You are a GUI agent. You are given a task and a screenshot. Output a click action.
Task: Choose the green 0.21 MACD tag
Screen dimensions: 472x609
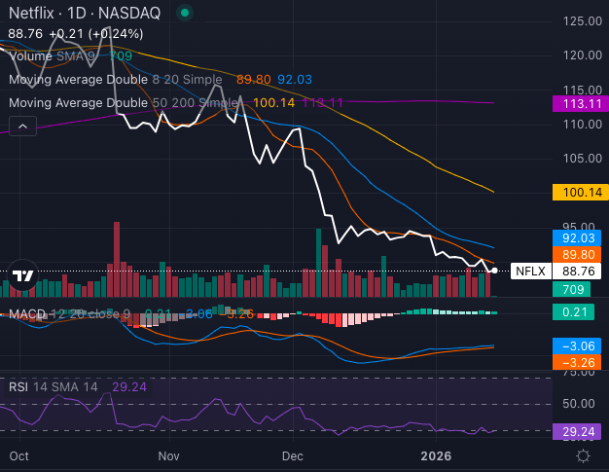click(571, 312)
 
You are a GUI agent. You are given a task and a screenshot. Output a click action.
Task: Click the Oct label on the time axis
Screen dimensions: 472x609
click(18, 455)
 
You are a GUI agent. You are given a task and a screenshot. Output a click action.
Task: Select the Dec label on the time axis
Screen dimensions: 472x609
click(293, 455)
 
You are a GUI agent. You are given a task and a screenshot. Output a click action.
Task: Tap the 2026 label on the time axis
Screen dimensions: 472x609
click(436, 455)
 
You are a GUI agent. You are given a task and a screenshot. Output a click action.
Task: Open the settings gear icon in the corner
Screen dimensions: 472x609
click(583, 454)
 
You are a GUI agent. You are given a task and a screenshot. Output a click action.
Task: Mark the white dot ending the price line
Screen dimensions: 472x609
click(495, 270)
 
